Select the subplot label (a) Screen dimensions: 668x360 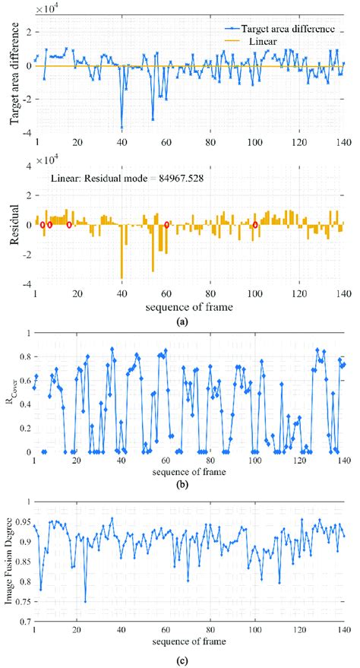tap(182, 321)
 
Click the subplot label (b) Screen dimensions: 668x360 tap(182, 484)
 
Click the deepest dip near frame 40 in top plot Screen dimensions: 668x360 tap(122, 128)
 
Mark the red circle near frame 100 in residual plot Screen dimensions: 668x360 tap(255, 226)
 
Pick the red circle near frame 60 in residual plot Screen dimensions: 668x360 tap(167, 224)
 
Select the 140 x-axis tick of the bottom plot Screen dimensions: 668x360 tap(343, 631)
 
